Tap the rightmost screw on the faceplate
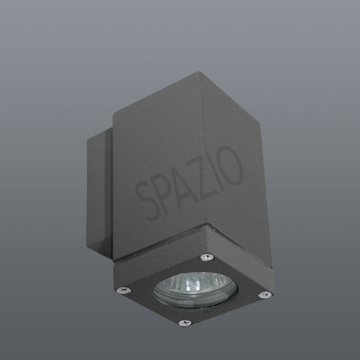265,294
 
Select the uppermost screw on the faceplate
207,257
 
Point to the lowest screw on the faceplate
185,323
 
